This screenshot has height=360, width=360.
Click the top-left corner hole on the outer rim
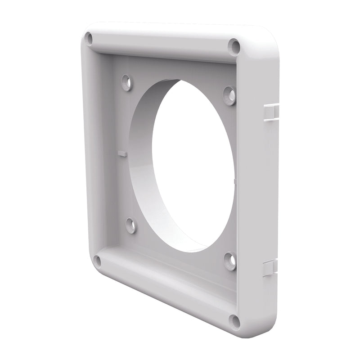point(89,39)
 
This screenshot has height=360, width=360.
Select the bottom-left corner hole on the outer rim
point(97,261)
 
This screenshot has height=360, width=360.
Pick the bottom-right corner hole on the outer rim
point(234,321)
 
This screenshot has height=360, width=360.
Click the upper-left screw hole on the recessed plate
point(126,82)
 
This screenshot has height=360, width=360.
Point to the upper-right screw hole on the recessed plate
point(229,95)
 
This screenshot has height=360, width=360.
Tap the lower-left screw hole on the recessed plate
point(130,225)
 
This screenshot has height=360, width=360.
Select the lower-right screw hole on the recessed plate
point(230,261)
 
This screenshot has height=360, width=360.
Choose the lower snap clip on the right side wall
point(270,267)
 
